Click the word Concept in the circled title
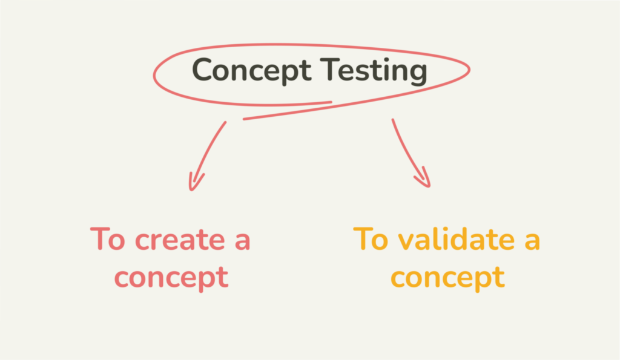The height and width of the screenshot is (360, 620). click(x=251, y=70)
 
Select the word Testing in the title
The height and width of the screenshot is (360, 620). click(x=374, y=70)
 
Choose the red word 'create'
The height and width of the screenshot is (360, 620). click(x=180, y=240)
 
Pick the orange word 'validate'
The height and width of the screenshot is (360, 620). click(x=457, y=239)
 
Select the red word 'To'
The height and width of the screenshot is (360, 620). click(x=108, y=238)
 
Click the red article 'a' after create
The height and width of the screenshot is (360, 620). click(x=242, y=241)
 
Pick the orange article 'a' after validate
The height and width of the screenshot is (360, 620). click(x=532, y=241)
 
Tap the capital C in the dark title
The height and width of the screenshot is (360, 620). click(x=202, y=70)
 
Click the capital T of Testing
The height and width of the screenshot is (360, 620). click(x=330, y=70)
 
